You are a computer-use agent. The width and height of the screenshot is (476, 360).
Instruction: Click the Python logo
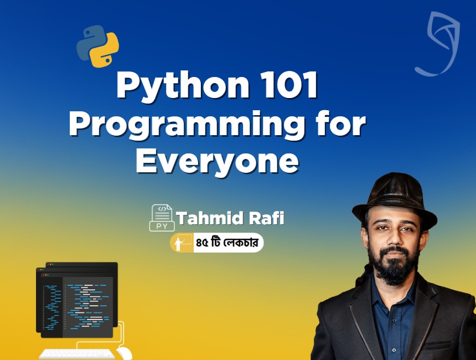point(98,47)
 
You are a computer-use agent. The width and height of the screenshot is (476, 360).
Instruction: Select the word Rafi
point(268,218)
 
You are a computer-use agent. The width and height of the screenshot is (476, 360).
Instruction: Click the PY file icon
point(162,218)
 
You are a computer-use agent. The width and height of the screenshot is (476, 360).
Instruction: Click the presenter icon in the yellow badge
point(182,243)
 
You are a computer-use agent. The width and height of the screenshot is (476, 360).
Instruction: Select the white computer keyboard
point(77,353)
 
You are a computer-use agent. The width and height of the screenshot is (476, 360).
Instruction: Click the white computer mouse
point(124,353)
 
